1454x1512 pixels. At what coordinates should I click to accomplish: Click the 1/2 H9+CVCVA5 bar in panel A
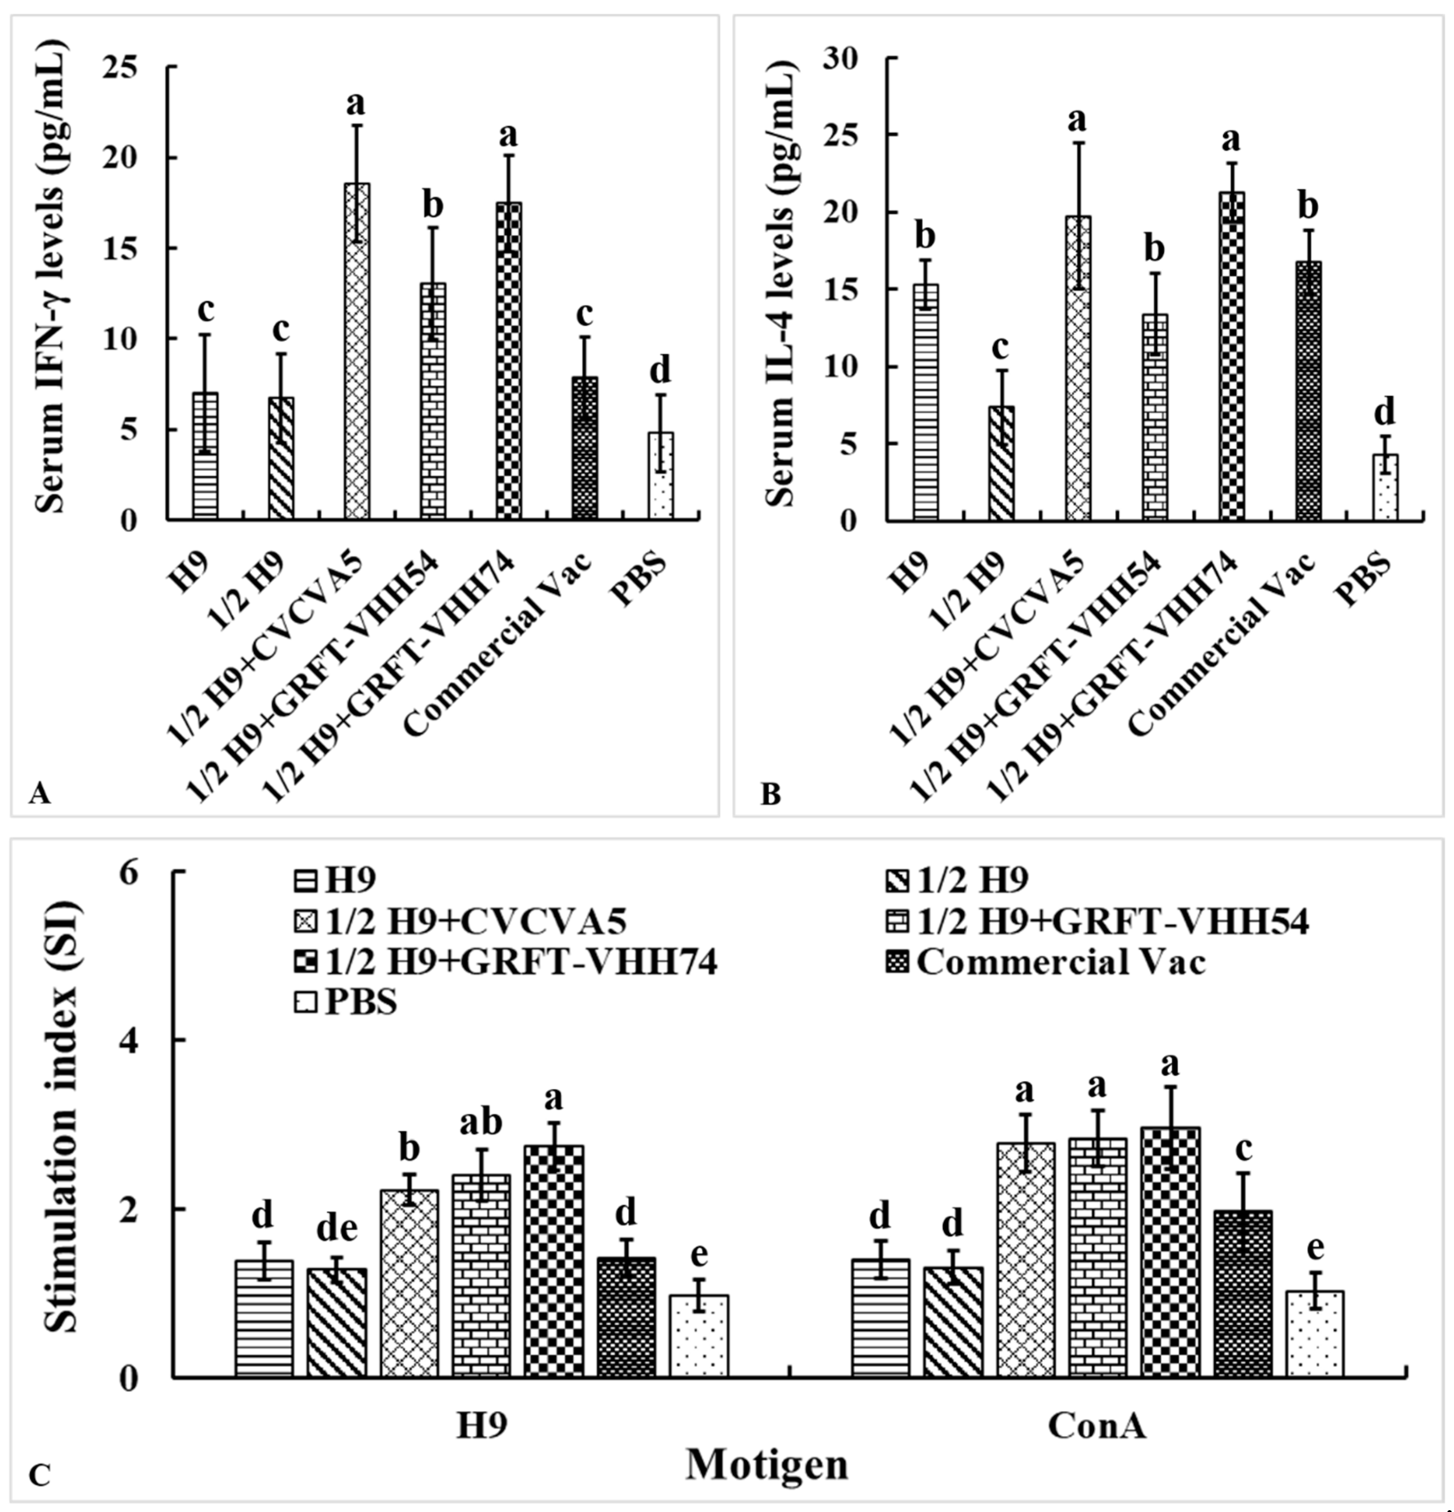pos(357,351)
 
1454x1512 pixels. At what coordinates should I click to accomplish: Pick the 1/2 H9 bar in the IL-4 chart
pos(1001,463)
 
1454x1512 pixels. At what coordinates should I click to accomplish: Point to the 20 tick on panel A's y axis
pos(139,157)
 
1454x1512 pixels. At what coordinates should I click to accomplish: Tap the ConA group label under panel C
pos(1096,1426)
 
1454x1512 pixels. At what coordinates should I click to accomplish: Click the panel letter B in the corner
pos(770,794)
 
